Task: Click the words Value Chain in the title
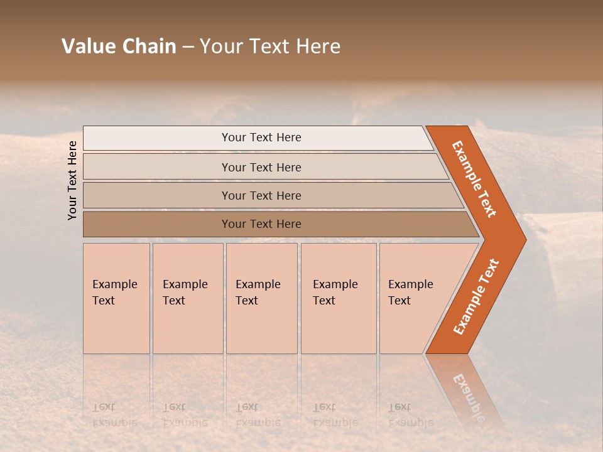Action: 119,46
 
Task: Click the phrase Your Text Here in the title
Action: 270,46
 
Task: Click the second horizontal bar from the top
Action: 261,167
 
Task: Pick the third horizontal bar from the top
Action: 261,195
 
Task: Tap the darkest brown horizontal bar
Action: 261,224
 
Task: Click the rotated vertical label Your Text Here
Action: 72,180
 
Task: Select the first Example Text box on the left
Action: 116,298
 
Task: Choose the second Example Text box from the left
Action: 187,298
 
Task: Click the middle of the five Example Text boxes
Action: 261,298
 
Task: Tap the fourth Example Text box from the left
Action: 339,298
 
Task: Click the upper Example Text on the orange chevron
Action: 474,179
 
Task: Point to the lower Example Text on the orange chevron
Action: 476,297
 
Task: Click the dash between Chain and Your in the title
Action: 188,47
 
